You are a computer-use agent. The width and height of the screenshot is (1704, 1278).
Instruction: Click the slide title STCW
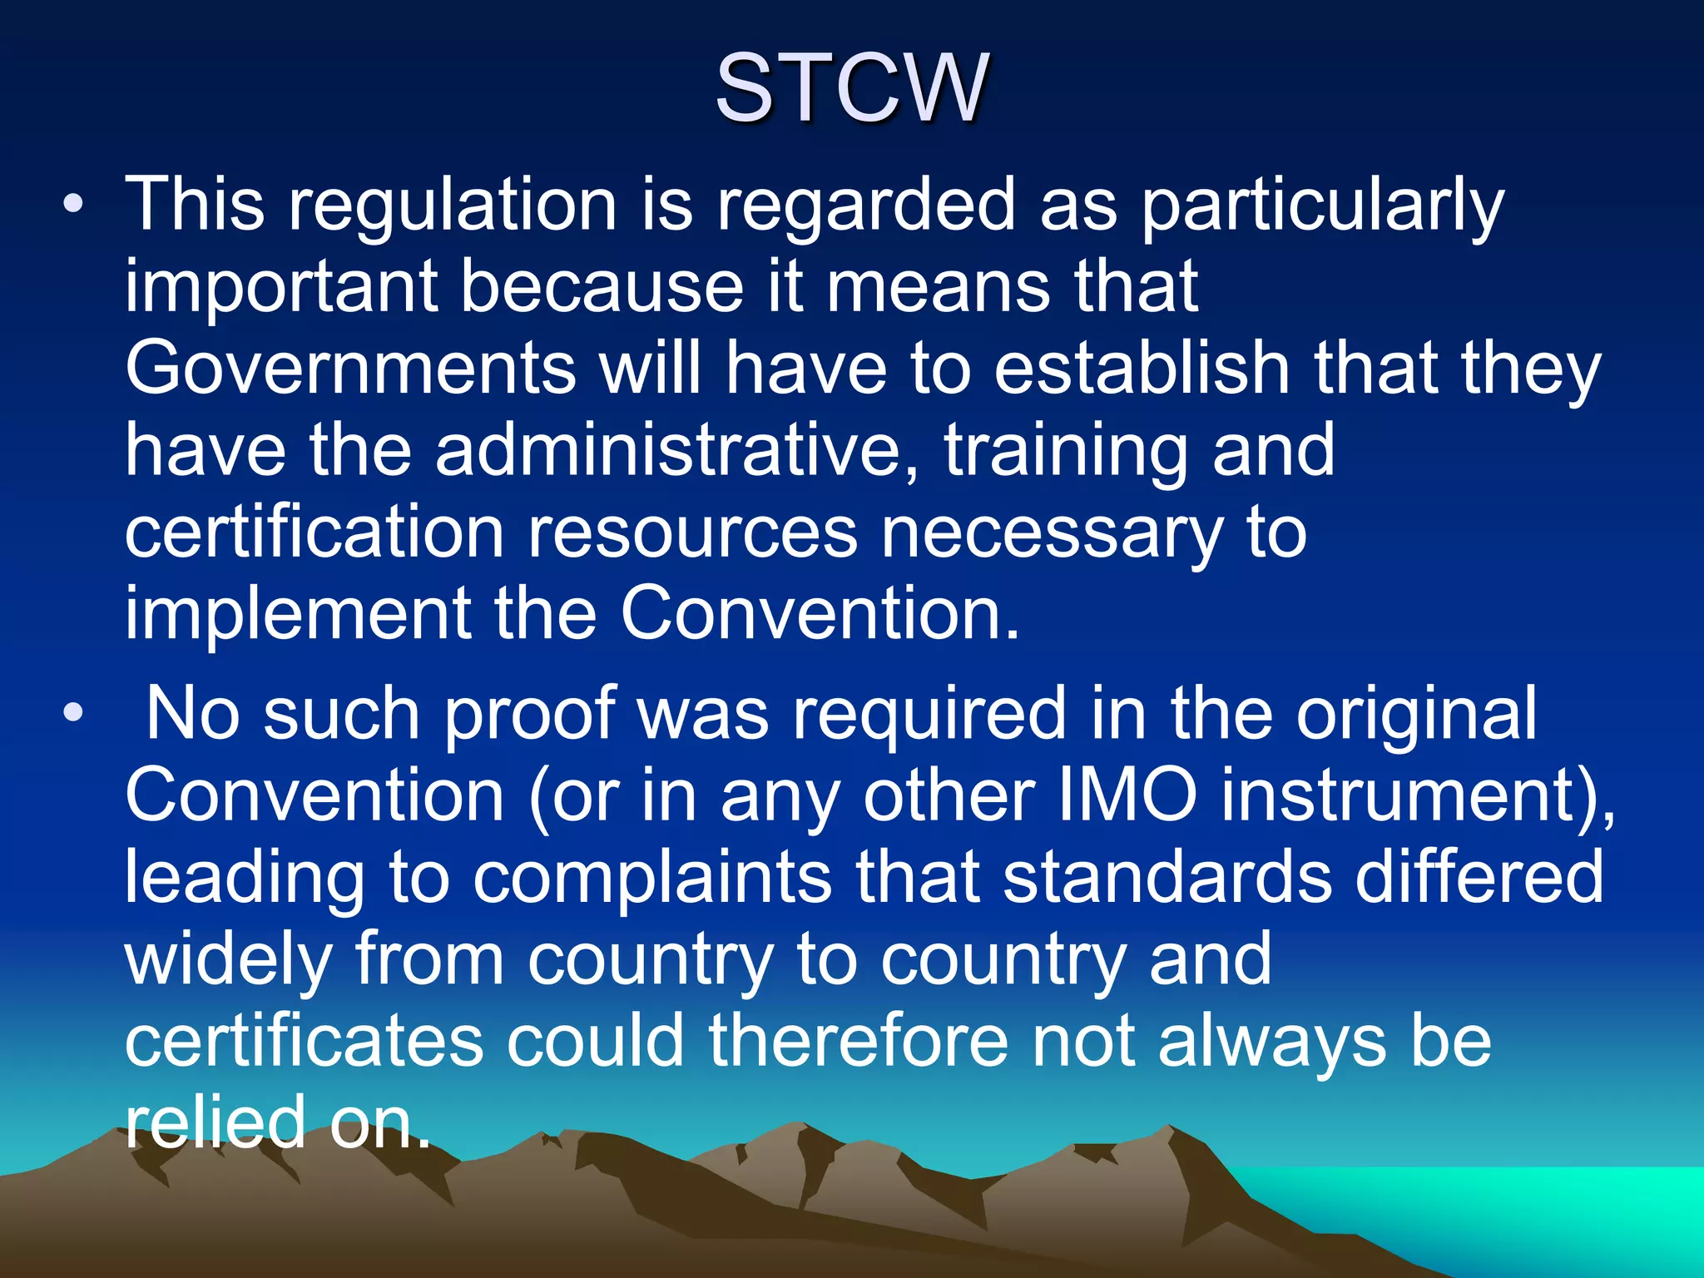click(x=851, y=87)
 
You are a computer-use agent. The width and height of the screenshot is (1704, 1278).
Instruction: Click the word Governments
click(x=349, y=368)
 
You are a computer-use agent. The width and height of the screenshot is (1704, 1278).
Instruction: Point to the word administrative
click(x=678, y=450)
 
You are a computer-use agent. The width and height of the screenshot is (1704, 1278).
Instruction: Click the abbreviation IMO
click(x=1127, y=795)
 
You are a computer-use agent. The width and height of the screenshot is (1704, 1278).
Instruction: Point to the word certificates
click(x=304, y=1041)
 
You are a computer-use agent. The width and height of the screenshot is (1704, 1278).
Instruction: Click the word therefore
click(x=857, y=1041)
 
